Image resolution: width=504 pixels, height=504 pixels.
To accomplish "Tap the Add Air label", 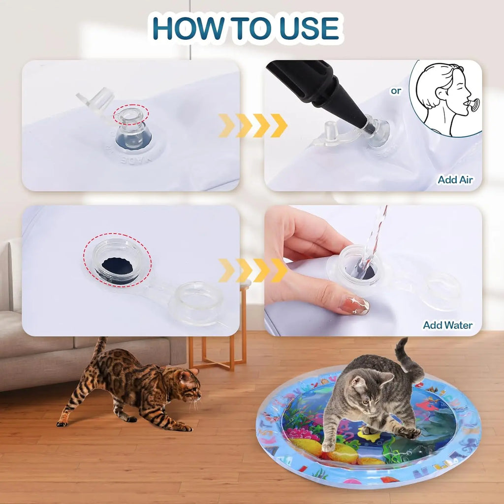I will (455, 180).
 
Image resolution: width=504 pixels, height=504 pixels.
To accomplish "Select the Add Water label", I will (447, 325).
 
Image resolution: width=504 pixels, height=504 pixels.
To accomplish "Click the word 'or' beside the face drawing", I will (396, 91).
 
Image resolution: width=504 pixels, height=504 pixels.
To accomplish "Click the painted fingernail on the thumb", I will (354, 305).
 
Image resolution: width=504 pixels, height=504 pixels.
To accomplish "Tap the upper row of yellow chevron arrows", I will (252, 126).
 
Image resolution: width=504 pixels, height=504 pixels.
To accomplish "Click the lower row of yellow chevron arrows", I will (252, 270).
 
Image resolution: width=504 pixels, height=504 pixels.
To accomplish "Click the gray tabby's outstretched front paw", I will (409, 433).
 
